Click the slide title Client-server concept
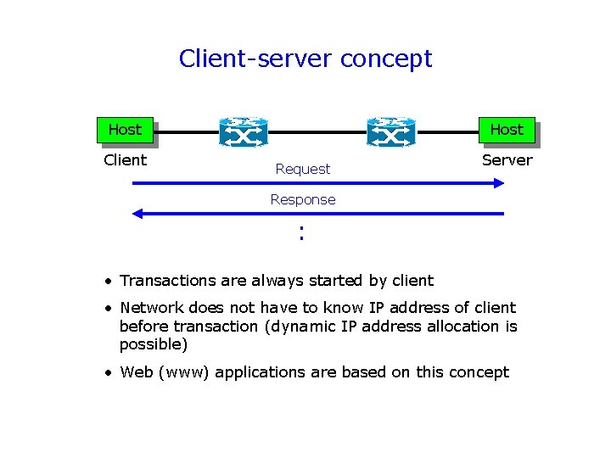point(305,59)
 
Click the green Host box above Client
point(125,130)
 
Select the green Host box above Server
point(507,130)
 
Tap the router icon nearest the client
point(243,132)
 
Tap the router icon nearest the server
point(391,132)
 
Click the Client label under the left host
point(125,160)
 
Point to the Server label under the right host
point(507,160)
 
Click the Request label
point(303,170)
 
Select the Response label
point(303,200)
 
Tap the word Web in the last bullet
point(137,372)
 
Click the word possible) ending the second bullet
point(154,345)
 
